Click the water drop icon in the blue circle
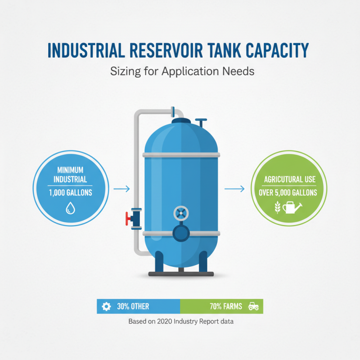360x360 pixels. coord(71,207)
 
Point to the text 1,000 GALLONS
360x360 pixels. coord(71,192)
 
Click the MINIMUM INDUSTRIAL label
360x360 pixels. coord(71,175)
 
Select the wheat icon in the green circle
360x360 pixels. coord(278,207)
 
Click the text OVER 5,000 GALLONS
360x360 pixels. coord(288,193)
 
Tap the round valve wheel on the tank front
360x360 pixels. coord(180,212)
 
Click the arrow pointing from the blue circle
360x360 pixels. coord(121,189)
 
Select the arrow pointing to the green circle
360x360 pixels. coord(234,189)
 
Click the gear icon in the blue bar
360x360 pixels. coord(106,306)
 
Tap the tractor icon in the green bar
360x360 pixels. coord(253,306)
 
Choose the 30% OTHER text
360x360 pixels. coord(133,307)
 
